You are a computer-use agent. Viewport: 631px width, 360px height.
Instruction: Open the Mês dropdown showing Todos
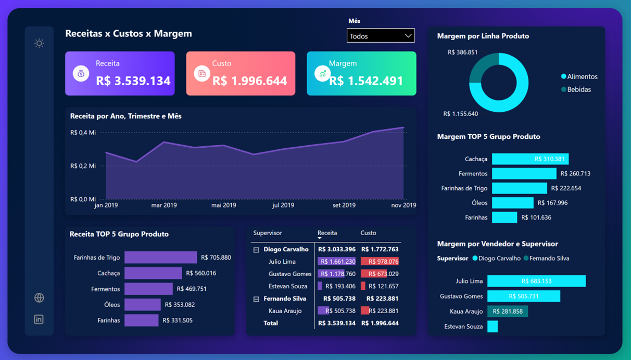pos(381,36)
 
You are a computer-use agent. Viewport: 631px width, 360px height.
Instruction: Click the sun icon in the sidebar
pos(39,43)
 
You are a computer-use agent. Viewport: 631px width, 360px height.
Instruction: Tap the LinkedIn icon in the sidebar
pos(39,319)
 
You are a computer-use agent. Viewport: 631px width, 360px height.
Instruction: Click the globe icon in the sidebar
pos(39,298)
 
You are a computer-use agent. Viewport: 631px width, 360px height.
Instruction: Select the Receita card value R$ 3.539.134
pos(133,81)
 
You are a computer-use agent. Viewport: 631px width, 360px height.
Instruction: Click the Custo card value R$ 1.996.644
pos(249,81)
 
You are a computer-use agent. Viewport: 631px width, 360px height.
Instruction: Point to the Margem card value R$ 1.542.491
pos(366,81)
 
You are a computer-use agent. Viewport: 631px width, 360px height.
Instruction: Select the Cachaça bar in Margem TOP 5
pos(530,159)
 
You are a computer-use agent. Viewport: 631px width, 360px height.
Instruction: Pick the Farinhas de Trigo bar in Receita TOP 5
pos(160,258)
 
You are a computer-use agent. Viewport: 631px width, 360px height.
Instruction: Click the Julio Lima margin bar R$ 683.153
pos(536,281)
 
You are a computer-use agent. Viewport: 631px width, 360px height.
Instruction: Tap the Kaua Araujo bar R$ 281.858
pos(508,311)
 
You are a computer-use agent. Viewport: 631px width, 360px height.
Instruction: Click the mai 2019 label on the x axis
pos(224,205)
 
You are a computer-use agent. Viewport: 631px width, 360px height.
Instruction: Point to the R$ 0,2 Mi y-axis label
pos(83,166)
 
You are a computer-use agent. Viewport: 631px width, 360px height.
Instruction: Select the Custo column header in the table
pos(368,233)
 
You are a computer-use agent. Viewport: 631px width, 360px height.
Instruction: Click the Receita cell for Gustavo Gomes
pos(337,274)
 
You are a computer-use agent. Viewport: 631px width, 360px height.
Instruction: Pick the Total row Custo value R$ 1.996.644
pos(380,323)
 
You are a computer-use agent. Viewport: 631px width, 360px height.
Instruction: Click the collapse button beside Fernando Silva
pos(256,299)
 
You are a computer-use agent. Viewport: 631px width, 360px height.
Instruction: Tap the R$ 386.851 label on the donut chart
pos(462,53)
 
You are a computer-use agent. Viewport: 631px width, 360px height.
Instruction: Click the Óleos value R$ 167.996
pos(552,203)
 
